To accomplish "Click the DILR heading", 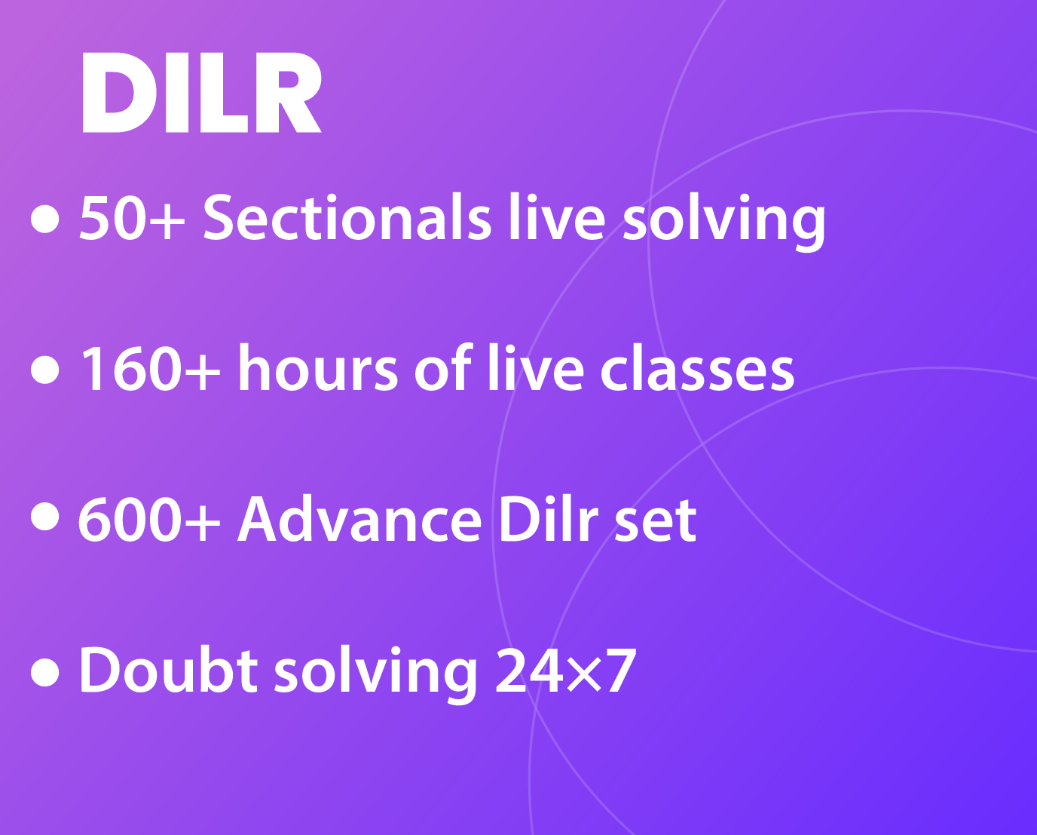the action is [x=201, y=92].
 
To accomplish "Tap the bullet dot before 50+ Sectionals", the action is [x=44, y=219].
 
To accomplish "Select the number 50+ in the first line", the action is [x=132, y=217].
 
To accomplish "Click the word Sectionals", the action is [x=347, y=216].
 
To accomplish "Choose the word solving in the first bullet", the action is [x=724, y=222].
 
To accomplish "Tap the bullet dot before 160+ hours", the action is [x=44, y=370].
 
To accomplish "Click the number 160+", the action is [x=150, y=370].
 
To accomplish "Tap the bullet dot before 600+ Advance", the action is [x=44, y=516].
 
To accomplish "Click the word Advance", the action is [x=359, y=518].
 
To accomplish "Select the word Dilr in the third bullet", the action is [x=549, y=518].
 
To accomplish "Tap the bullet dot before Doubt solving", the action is [x=44, y=672].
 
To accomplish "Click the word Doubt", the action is [x=168, y=670].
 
